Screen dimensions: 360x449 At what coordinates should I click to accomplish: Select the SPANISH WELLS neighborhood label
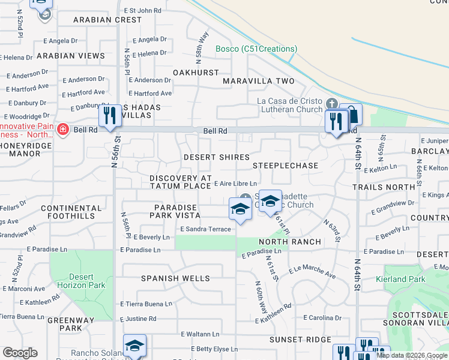175,278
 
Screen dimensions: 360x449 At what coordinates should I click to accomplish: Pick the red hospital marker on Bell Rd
62,130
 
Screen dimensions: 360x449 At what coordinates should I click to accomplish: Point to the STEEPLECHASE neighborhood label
285,165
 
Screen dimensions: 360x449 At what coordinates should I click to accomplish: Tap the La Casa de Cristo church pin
331,103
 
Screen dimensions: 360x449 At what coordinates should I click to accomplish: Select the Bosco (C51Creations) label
256,49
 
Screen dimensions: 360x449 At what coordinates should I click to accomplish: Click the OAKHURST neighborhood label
196,73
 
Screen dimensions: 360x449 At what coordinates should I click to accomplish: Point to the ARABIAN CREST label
107,20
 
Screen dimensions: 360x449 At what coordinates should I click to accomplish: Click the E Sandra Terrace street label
205,229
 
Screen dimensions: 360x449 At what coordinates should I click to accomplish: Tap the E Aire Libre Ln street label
235,184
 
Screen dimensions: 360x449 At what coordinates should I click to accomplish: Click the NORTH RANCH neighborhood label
290,242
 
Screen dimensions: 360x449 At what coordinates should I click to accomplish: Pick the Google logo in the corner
20,353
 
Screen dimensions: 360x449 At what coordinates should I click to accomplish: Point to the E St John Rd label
142,10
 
